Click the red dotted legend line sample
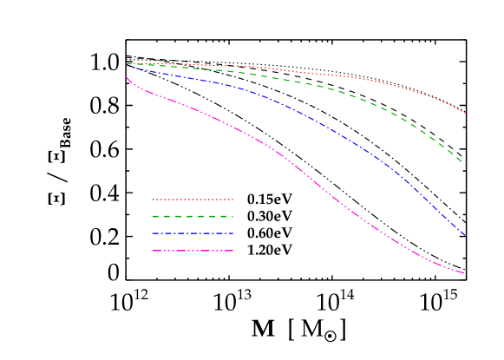click(x=193, y=200)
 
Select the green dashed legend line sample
click(x=193, y=216)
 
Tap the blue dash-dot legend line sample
click(x=193, y=233)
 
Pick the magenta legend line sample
click(x=193, y=251)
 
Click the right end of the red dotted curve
click(x=466, y=114)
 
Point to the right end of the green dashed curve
click(x=466, y=166)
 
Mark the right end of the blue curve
click(x=466, y=235)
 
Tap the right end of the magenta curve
click(x=465, y=273)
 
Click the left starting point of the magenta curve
click(x=127, y=77)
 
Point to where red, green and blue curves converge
click(x=128, y=63)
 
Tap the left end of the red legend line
click(x=153, y=200)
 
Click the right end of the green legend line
click(x=232, y=216)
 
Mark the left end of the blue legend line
click(x=153, y=233)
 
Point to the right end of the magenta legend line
click(x=232, y=251)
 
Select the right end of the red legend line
click(x=232, y=200)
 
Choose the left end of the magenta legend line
click(x=153, y=251)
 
